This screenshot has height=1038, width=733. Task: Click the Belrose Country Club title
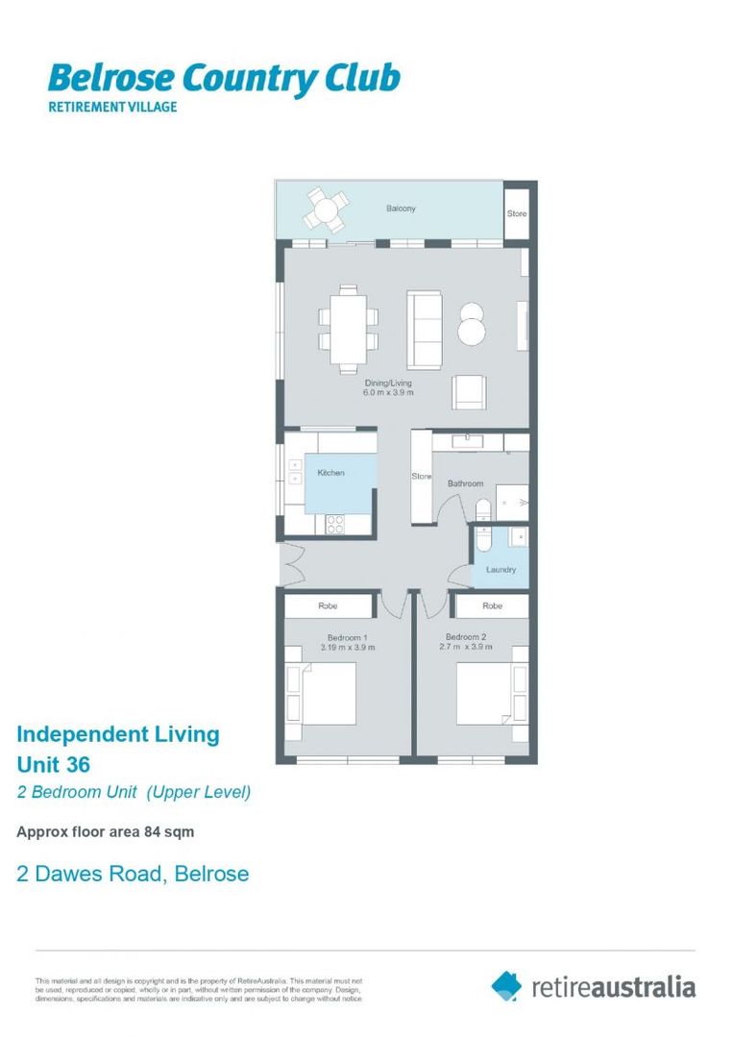[223, 79]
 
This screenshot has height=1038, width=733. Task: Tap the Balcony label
[401, 209]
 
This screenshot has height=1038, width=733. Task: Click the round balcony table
[328, 209]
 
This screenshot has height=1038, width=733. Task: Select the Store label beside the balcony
[517, 213]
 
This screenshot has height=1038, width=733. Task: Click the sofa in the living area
[424, 329]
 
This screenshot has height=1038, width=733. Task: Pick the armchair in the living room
[470, 390]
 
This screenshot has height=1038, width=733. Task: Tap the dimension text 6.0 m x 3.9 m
[388, 393]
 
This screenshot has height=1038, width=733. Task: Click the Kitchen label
[330, 473]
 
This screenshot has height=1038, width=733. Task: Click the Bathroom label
[465, 483]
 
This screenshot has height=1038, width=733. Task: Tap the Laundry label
[501, 570]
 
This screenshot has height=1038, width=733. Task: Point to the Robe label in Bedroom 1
[328, 606]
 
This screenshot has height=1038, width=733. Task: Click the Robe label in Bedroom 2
[492, 606]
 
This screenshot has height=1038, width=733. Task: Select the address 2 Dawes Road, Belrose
[133, 874]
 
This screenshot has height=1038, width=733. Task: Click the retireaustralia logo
[593, 986]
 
